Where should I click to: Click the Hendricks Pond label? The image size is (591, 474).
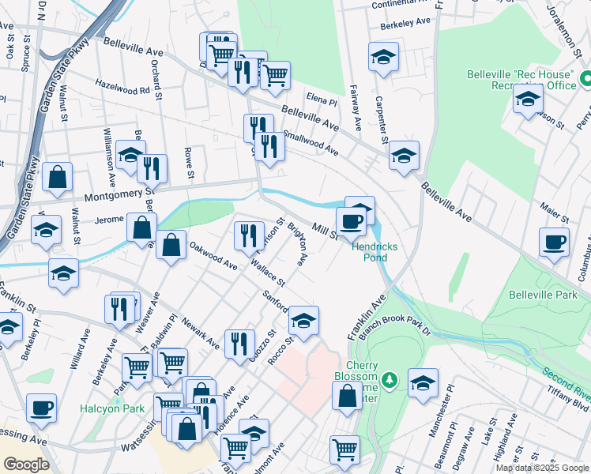[x=375, y=252]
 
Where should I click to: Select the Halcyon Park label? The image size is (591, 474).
[x=109, y=408]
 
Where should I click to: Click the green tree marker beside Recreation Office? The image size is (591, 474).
[x=586, y=79]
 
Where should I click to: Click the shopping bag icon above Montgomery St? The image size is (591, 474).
[x=58, y=177]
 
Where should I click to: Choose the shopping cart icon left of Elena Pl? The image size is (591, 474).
[x=275, y=75]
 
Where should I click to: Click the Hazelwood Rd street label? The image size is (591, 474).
[x=122, y=89]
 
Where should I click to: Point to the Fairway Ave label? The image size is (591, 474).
[x=356, y=113]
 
